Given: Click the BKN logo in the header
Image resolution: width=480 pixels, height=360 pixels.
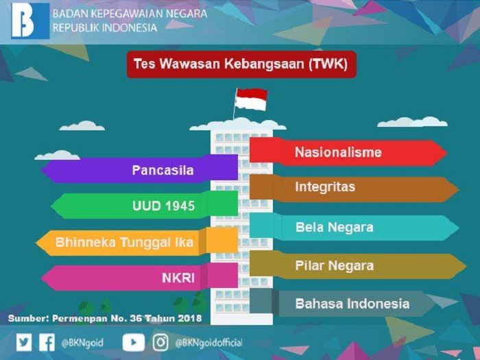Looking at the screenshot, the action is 30,21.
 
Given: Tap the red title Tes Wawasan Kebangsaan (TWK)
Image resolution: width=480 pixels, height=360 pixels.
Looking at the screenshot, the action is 241,64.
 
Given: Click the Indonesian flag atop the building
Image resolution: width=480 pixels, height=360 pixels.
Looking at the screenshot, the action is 251,99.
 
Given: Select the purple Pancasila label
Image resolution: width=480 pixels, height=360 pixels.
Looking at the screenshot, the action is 140,170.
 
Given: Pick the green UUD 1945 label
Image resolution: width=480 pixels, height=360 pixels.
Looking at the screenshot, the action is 145,206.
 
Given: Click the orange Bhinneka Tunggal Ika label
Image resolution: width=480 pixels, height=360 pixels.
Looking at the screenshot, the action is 137,242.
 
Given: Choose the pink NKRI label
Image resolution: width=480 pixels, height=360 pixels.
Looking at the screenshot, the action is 140,277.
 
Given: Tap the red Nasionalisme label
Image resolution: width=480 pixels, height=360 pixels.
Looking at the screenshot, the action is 348,152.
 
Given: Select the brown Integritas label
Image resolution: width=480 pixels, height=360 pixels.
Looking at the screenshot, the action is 354,187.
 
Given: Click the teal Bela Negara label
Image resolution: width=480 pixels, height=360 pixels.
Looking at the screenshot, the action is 355,227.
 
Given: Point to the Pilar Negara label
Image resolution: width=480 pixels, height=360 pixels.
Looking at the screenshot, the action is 358,265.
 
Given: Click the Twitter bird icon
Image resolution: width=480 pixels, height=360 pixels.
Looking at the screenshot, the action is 24,342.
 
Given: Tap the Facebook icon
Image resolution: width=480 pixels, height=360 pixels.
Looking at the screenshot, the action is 47,342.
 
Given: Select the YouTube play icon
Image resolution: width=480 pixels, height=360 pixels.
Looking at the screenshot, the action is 134,342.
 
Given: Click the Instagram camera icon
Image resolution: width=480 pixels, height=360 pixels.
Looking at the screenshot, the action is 160,342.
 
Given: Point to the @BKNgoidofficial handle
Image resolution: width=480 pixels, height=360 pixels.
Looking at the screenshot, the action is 208,343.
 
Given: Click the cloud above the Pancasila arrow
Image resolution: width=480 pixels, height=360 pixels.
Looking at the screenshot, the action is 57,155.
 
